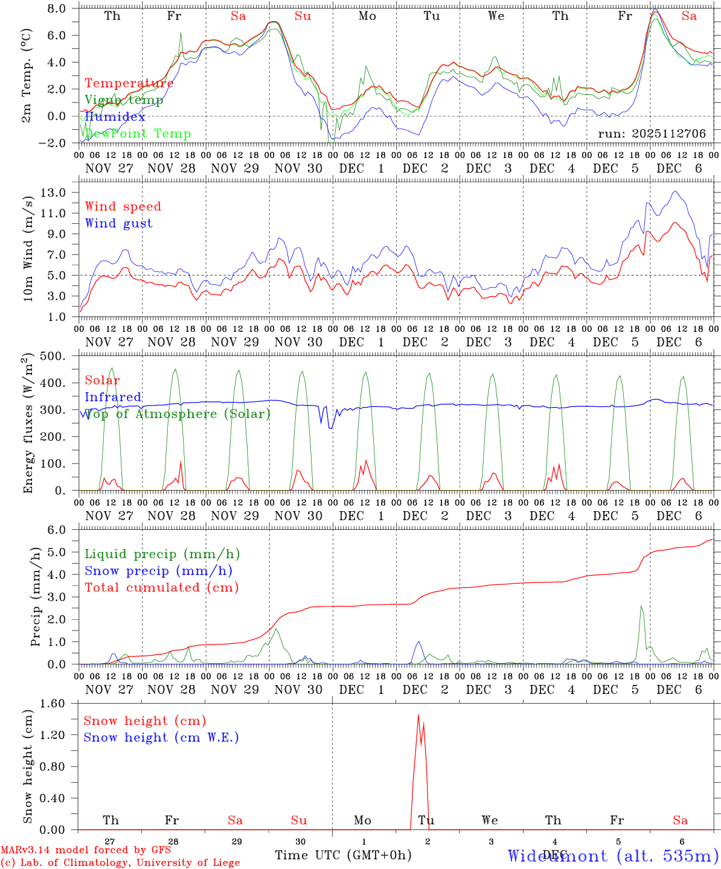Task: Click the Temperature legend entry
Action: tap(129, 83)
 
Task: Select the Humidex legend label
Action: tap(115, 117)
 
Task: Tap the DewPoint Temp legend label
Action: tap(138, 134)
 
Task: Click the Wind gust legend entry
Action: tap(118, 223)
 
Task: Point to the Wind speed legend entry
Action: tap(123, 206)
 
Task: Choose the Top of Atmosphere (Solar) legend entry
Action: tap(177, 414)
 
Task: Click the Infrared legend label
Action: tap(113, 397)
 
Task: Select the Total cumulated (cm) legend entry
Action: tap(161, 587)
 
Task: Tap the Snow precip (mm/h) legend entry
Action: tap(158, 571)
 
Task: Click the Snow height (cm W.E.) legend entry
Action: tap(161, 737)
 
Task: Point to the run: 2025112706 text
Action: tap(652, 134)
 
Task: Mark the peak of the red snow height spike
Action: tap(418, 716)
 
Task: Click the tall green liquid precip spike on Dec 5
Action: tap(641, 606)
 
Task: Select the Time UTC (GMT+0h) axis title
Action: tap(343, 855)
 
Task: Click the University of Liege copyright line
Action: tap(120, 863)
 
